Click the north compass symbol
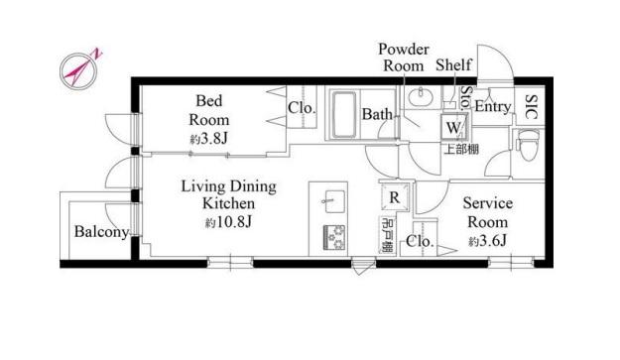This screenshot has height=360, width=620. tap(79, 69)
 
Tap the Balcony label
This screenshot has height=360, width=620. tap(101, 231)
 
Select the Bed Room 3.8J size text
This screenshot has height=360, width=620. tap(208, 139)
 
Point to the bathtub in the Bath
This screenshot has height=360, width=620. tap(343, 115)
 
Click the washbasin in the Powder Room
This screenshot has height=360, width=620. tap(421, 97)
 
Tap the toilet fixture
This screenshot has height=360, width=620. tap(529, 145)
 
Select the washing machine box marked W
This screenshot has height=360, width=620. tap(453, 127)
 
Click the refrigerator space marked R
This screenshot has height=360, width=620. tap(394, 197)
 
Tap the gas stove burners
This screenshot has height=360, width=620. tap(334, 237)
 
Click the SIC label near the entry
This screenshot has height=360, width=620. tap(532, 107)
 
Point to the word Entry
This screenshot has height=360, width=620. tap(493, 106)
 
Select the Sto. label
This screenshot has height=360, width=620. tap(466, 97)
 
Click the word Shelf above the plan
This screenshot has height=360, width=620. tap(453, 65)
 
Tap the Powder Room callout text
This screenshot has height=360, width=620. tap(404, 58)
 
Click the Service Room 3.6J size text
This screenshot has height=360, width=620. tap(487, 241)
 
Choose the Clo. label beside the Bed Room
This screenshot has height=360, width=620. tap(302, 107)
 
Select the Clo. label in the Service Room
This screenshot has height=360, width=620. tap(420, 241)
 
